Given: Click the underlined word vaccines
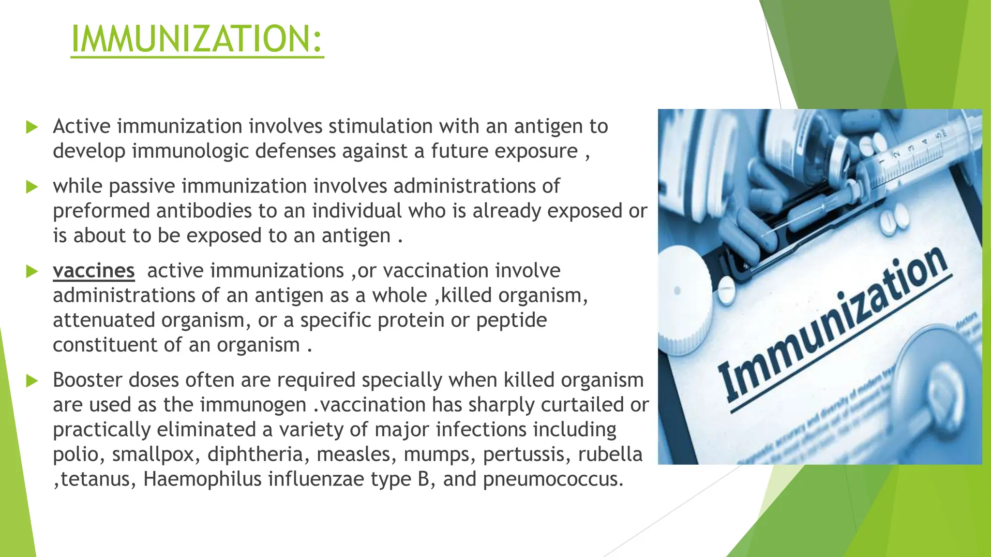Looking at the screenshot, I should coord(93,271).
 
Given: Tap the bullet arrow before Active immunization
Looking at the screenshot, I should coord(32,127).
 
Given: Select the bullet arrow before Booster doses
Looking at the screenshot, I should coord(32,381).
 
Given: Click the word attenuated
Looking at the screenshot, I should coord(103,320).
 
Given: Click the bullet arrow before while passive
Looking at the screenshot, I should coord(32,187).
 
